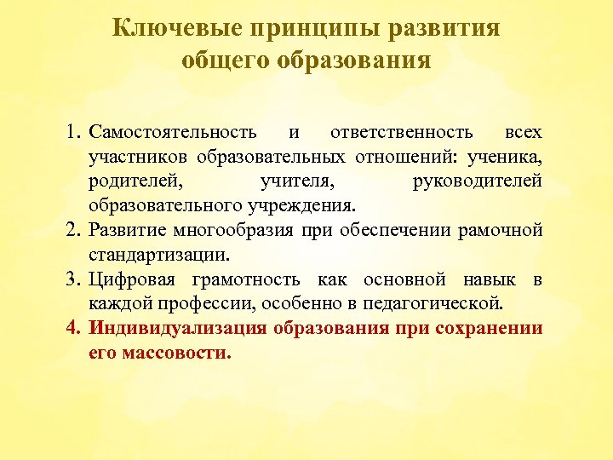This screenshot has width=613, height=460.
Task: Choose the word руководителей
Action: tap(477, 181)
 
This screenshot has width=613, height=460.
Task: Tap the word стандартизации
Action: tap(158, 255)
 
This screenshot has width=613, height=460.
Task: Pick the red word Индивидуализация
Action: tap(166, 329)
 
